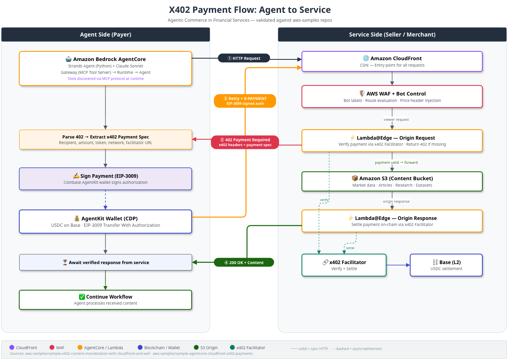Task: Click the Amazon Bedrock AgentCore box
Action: [x=105, y=68]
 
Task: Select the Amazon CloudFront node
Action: [x=392, y=61]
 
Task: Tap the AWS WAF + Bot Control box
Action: [x=392, y=97]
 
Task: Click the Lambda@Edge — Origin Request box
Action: [x=392, y=140]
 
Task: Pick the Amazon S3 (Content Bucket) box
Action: [x=392, y=181]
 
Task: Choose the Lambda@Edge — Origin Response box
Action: [x=392, y=221]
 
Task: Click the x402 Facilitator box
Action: [x=344, y=265]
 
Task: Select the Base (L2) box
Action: [x=446, y=265]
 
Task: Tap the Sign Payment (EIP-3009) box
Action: [x=105, y=179]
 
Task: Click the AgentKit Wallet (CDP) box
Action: [x=105, y=222]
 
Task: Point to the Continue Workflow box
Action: [x=105, y=300]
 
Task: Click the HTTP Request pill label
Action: [x=244, y=58]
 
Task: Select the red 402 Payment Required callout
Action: [x=245, y=142]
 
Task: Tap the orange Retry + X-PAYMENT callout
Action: [x=245, y=101]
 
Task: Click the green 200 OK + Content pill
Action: [x=244, y=262]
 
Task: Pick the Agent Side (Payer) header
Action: [x=105, y=35]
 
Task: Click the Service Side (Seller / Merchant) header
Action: [x=392, y=35]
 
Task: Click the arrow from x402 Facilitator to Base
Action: [x=398, y=265]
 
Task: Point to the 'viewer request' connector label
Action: [x=396, y=120]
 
